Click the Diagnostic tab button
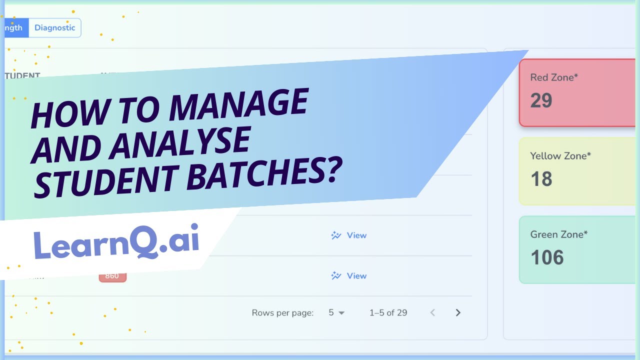point(54,28)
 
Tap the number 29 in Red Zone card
point(541,100)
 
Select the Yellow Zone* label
point(560,156)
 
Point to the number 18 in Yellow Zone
point(541,179)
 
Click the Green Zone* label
point(559,234)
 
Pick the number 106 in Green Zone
point(547,257)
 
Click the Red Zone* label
point(554,77)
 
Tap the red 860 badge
point(112,276)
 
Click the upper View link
point(349,235)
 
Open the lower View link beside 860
point(349,276)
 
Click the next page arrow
point(458,313)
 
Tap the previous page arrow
point(432,313)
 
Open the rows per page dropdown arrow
point(342,313)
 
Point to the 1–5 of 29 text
point(388,313)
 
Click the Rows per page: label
point(282,313)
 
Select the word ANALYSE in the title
point(180,142)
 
